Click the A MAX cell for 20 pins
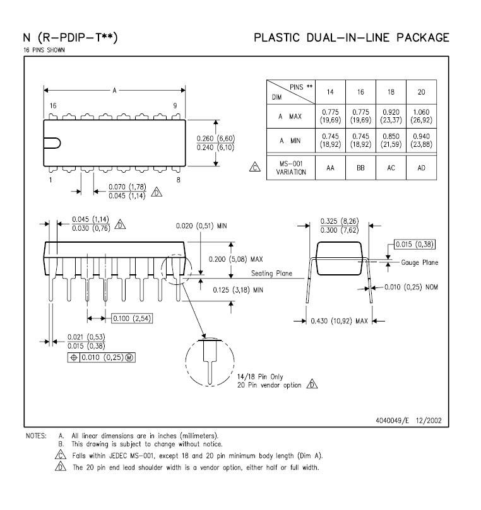click(422, 116)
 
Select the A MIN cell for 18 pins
click(391, 141)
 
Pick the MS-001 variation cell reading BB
click(360, 168)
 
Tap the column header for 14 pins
click(330, 92)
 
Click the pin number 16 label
click(53, 106)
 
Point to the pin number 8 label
click(179, 180)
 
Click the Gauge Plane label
click(419, 262)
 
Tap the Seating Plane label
click(271, 274)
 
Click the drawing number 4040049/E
click(392, 420)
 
